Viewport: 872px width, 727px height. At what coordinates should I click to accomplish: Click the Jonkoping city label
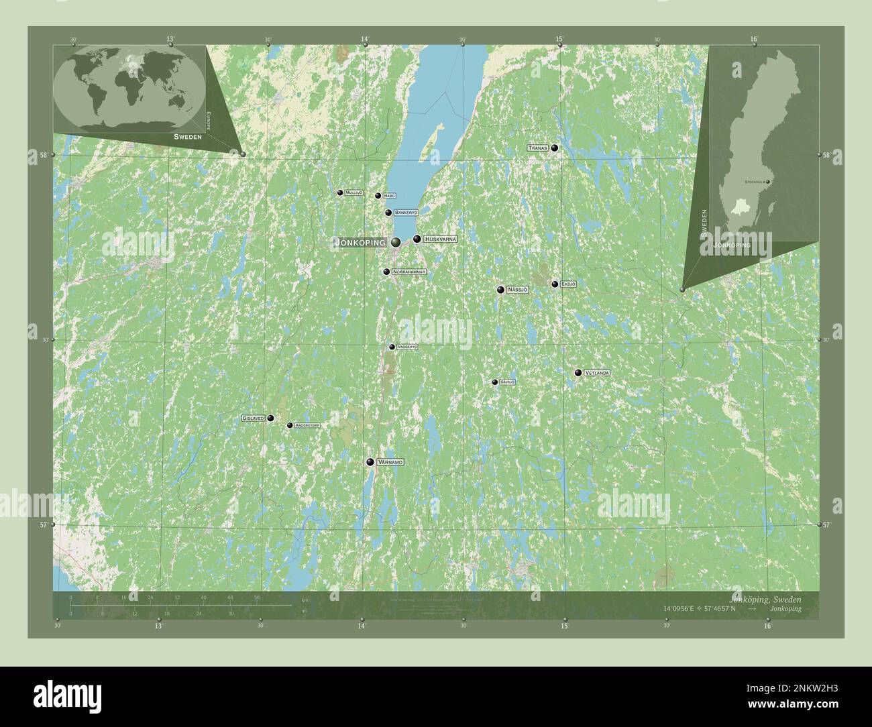pos(360,242)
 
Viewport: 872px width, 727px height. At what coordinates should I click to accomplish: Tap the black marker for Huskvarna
pos(417,239)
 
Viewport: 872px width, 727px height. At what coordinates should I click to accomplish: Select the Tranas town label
pos(538,148)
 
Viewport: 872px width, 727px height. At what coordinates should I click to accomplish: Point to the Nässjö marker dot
pos(500,290)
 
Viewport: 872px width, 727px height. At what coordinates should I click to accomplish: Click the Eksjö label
pos(568,284)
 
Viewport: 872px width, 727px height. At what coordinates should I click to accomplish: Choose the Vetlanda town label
pos(596,373)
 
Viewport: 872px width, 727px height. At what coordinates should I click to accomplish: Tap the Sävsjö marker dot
pos(495,382)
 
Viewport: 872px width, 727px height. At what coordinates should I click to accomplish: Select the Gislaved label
pos(254,418)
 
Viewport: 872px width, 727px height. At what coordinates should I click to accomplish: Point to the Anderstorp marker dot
pos(290,425)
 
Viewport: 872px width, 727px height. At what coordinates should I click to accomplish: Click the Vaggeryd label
pos(407,347)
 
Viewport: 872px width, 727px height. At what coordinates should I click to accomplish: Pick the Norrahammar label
pos(409,272)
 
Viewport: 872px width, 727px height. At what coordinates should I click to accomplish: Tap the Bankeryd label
pos(406,213)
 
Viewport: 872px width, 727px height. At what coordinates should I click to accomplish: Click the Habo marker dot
pos(378,196)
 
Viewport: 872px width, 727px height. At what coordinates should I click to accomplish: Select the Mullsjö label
pos(354,192)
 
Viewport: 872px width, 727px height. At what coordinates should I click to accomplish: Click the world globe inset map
pos(129,88)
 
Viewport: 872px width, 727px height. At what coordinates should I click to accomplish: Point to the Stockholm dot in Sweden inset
pos(768,182)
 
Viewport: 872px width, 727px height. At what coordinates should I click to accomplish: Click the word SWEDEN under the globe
pos(187,136)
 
